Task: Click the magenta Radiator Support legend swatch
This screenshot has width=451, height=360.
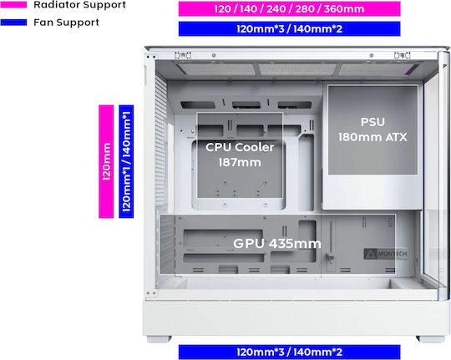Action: [x=13, y=4]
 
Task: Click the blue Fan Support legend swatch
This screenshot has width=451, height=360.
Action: [x=13, y=23]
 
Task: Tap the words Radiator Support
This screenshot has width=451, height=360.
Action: [x=79, y=5]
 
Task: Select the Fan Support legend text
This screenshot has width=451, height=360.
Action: [x=67, y=23]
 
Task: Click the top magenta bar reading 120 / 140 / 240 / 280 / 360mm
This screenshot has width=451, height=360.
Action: [x=289, y=8]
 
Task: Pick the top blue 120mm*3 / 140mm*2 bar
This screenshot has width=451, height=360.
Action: [x=289, y=28]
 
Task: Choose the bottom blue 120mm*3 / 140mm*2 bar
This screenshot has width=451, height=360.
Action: [x=289, y=352]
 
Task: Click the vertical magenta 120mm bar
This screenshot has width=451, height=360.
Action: [x=106, y=161]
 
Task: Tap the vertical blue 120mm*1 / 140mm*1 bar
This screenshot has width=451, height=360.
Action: [x=126, y=161]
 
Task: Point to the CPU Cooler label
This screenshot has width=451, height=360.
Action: [x=240, y=147]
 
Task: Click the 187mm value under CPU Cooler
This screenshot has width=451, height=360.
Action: [x=240, y=162]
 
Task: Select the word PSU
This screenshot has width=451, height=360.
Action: [x=372, y=122]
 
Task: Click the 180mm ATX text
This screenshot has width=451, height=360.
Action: [x=372, y=137]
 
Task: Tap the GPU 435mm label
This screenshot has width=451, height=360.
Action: [x=277, y=243]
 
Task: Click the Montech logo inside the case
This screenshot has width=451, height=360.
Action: [x=385, y=254]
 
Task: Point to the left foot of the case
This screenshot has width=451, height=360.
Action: [x=159, y=339]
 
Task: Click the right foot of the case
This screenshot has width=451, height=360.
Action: [x=430, y=339]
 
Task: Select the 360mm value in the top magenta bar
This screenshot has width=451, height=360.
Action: [x=344, y=9]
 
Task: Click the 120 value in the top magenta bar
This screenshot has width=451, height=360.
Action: [x=223, y=9]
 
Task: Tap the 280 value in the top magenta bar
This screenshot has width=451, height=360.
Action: [x=306, y=9]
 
